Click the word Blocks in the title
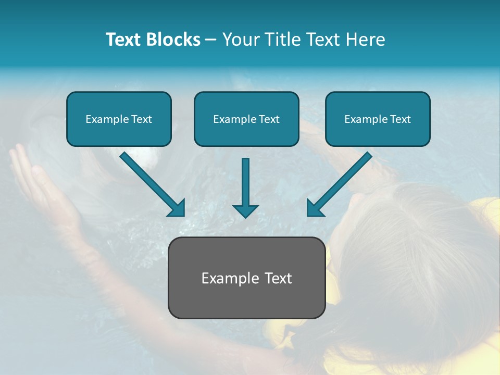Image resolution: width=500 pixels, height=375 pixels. (x=173, y=39)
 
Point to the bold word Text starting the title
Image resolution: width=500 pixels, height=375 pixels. (x=124, y=39)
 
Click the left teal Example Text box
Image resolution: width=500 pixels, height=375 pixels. (x=119, y=119)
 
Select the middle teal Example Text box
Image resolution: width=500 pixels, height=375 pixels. (x=246, y=119)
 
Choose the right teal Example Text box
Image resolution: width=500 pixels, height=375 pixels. (x=378, y=119)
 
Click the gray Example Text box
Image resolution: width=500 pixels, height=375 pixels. (x=246, y=278)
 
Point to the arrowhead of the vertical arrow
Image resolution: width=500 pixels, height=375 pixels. (x=245, y=211)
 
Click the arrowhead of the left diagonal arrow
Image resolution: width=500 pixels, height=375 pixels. (x=177, y=208)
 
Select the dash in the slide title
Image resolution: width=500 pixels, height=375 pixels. (x=211, y=40)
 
